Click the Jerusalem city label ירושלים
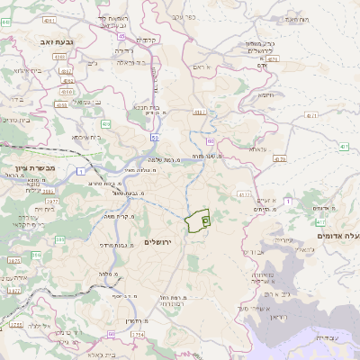coord(164,242)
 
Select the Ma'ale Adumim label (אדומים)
coord(337,235)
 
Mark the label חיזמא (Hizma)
coord(266,94)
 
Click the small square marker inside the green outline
coord(205,219)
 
